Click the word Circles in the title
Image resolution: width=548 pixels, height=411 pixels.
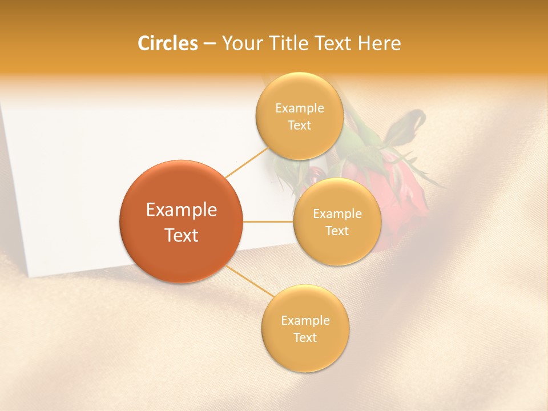point(167,43)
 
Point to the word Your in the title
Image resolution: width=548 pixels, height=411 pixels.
point(240,43)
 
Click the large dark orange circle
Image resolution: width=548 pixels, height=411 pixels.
point(181,221)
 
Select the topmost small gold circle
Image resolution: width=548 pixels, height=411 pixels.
point(299,116)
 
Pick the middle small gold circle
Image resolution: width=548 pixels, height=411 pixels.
point(337,221)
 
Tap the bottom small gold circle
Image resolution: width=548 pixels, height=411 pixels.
point(305,328)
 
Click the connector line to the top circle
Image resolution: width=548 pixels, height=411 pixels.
point(247,163)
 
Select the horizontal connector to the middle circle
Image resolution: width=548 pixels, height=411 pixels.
point(268,221)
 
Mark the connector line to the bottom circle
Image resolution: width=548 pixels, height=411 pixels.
point(249,280)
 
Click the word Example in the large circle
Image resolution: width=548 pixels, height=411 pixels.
point(181,210)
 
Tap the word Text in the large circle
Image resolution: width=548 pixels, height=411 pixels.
point(181,235)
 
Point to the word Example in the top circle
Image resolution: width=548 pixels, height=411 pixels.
point(299,108)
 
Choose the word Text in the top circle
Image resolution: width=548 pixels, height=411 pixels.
point(299,125)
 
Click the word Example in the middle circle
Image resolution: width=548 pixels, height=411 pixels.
point(337,213)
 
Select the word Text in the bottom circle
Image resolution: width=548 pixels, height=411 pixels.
point(305,337)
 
